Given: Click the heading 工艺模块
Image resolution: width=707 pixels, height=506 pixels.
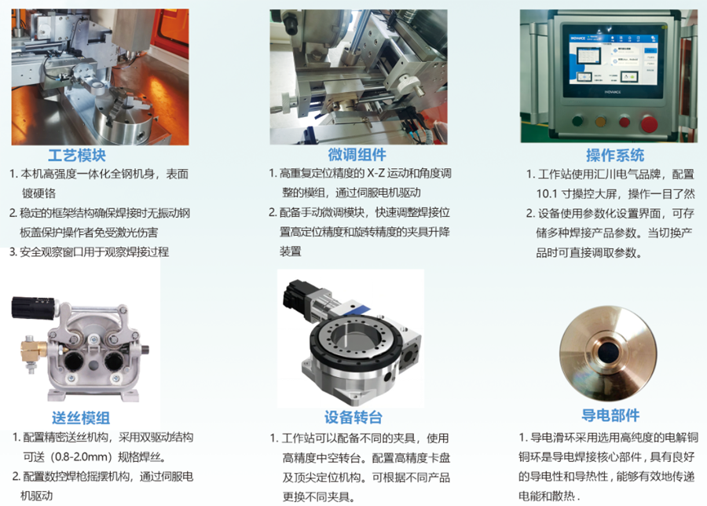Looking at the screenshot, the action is coord(77,156).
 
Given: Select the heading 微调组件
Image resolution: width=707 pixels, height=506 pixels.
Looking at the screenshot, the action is coord(357,155).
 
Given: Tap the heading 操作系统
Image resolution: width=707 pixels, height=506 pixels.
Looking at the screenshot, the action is coord(615,155).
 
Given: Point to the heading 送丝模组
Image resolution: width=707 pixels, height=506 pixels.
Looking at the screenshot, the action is coord(81,418).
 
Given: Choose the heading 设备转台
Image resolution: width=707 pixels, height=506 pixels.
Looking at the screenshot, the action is coord(353,417).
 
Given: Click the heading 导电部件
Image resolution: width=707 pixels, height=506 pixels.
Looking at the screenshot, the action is coord(610,416).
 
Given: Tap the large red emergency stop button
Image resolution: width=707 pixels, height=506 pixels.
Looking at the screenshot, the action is coord(650,123).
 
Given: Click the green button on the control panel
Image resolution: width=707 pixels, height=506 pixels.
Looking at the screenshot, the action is coord(577,121).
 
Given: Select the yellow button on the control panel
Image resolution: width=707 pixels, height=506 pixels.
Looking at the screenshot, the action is coord(601,122).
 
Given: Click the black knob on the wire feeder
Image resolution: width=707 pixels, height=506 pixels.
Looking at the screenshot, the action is coord(32,307).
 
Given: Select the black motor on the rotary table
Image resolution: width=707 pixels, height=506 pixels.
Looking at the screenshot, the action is coord(295,293).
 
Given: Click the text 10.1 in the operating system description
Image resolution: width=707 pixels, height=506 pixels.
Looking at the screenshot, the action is coord(547,194).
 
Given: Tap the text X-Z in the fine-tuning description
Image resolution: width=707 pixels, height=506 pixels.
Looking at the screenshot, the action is coord(376,173).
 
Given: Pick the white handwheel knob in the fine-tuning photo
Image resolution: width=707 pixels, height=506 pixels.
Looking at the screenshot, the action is coord(409,84).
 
